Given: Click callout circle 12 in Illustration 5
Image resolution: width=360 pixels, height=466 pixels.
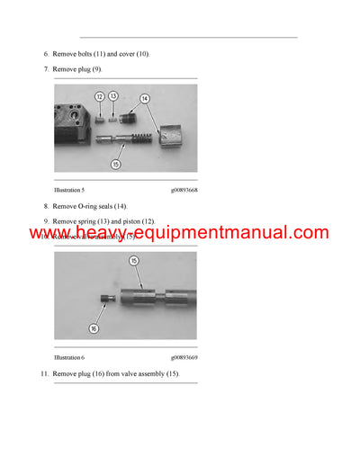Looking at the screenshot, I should coord(99,94).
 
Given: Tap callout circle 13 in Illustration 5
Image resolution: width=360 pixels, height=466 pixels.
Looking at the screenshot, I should coord(113,94).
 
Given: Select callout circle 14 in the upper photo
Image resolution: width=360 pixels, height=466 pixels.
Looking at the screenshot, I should coord(145,98).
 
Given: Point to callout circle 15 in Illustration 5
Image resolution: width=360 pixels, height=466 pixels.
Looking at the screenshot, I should coord(116,164).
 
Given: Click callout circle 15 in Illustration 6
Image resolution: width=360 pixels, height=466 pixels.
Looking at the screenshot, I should coord(134,261).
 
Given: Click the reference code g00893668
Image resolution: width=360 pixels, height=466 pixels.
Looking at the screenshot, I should coord(184,190).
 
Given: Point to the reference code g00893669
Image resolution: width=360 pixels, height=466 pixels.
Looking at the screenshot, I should coord(184,357).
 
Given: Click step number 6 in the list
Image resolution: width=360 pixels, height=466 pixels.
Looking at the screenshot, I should coord(46,54).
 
